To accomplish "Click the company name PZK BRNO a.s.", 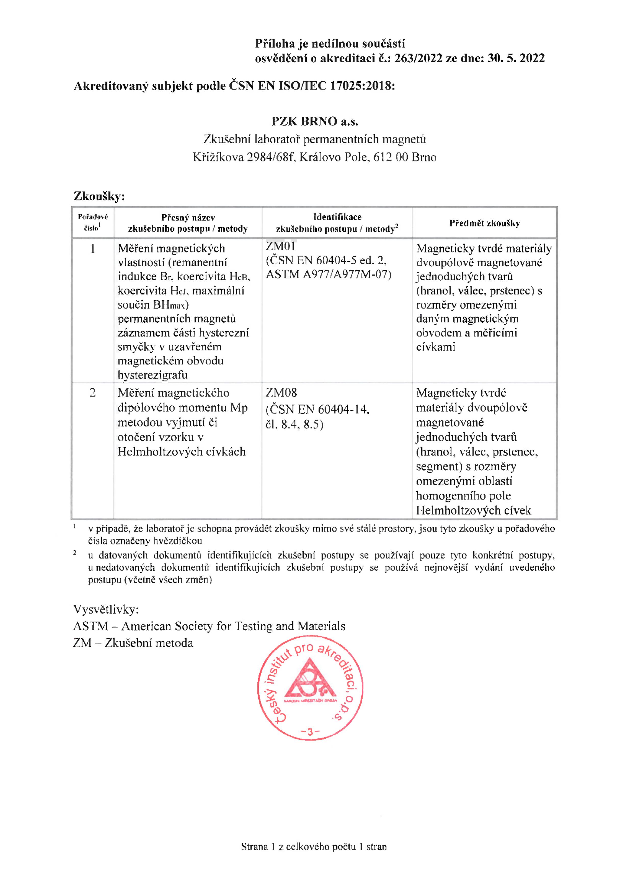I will [x=315, y=122].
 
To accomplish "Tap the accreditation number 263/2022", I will [x=418, y=58].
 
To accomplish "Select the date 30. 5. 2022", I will [x=516, y=58].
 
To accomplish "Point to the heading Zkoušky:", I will [x=99, y=196].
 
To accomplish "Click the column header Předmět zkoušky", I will [x=485, y=223].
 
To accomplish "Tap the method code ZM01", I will [x=280, y=246].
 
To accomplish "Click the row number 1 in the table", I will [x=93, y=249].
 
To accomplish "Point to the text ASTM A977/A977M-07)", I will [x=328, y=274].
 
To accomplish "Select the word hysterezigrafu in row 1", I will [x=153, y=375].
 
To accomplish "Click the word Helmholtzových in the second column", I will [x=157, y=452].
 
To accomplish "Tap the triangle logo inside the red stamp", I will [x=310, y=680].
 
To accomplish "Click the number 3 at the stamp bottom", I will [x=310, y=732].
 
